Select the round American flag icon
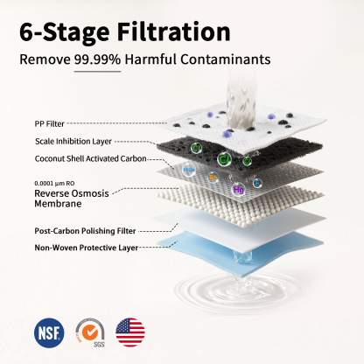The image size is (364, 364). click(x=130, y=332)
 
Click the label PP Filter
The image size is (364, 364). click(x=51, y=124)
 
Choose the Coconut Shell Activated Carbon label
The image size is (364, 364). click(x=89, y=159)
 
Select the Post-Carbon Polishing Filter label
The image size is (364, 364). click(x=85, y=230)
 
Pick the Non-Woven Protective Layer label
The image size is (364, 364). click(x=86, y=248)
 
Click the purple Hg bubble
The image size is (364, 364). click(x=238, y=188)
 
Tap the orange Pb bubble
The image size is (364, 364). click(x=213, y=178)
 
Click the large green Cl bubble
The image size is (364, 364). click(x=224, y=159)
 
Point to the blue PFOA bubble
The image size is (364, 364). click(x=189, y=169)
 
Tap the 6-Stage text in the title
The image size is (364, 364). click(x=57, y=32)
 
